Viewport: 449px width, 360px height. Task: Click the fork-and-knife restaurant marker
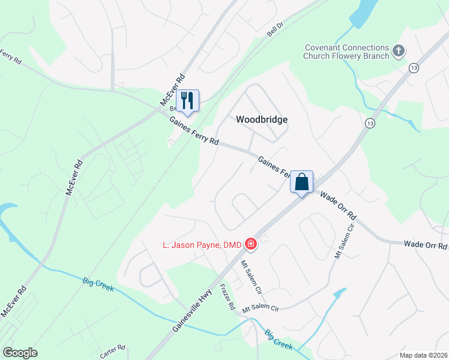pos(187,101)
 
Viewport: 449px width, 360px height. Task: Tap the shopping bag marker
pos(301,181)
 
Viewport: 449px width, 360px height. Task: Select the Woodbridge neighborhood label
pos(262,119)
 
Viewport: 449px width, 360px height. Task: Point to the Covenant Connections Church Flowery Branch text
pos(346,52)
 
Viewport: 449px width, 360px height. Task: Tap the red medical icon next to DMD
pos(251,244)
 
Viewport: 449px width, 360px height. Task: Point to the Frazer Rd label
pos(227,296)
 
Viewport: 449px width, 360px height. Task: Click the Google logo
pos(20,353)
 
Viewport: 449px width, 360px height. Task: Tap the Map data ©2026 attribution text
pos(423,355)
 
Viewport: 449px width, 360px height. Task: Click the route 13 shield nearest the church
pos(414,68)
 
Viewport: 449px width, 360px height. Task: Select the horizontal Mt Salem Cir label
pos(261,309)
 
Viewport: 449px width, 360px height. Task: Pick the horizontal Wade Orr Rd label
pos(426,245)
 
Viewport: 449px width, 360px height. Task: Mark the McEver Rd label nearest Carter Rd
pos(13,301)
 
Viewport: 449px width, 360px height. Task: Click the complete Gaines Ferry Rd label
pos(194,131)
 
